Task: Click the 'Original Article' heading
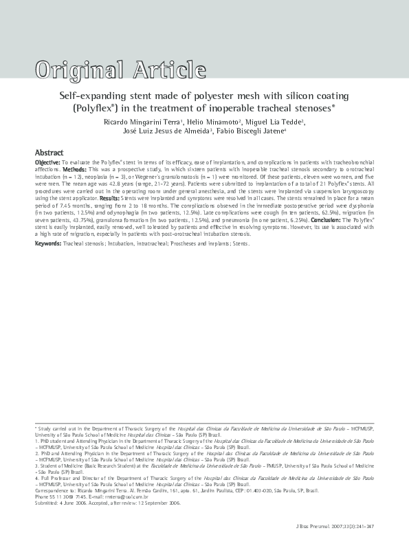pyautogui.click(x=113, y=69)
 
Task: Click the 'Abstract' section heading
pyautogui.click(x=49, y=152)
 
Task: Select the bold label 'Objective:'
pyautogui.click(x=47, y=162)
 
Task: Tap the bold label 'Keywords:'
pyautogui.click(x=48, y=243)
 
